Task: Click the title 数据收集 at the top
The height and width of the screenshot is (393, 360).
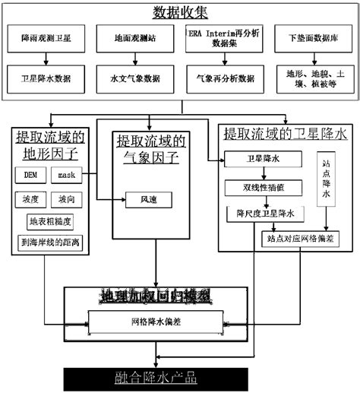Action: coord(180,13)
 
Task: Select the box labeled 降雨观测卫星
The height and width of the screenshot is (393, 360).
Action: coord(49,37)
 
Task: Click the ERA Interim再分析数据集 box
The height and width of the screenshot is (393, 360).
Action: coord(226,37)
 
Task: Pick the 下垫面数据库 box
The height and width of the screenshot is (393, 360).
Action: coord(313,37)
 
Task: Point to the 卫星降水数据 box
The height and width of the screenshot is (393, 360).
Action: coord(49,77)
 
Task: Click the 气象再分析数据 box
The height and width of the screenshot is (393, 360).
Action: coord(226,77)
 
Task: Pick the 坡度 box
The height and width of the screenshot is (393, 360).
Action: coord(31,199)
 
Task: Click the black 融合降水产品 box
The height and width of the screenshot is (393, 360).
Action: coord(166,376)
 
